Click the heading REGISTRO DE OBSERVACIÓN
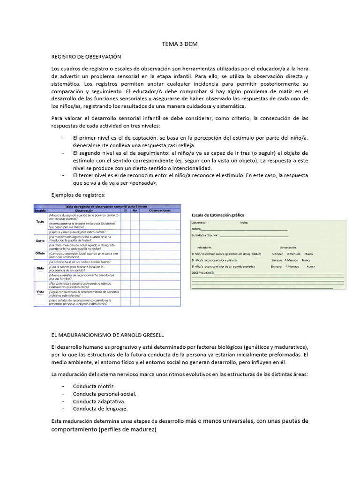click(86, 56)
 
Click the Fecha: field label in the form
click(244, 223)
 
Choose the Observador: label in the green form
click(200, 223)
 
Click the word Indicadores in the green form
click(204, 247)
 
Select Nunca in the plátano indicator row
click(306, 260)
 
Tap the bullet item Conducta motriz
click(93, 386)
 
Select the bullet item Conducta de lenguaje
click(100, 408)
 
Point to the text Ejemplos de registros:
click(78, 195)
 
